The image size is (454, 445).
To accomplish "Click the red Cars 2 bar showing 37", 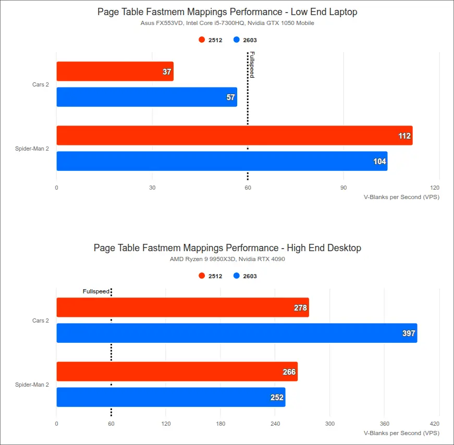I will tap(115, 71).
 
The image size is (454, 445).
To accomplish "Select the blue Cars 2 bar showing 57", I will tap(146, 97).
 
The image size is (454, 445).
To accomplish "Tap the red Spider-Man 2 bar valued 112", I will tap(234, 135).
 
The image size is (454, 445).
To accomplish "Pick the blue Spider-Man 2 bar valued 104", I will tap(222, 161).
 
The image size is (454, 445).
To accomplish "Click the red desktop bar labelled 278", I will tap(182, 307).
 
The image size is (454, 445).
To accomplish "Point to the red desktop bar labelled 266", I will tap(177, 372).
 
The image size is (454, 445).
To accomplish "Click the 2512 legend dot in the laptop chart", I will tap(202, 40).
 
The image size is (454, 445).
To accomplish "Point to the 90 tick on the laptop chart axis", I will tap(343, 188).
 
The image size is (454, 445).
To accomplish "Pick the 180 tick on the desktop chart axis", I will tap(220, 424).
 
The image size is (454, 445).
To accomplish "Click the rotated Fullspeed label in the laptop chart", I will tap(252, 65).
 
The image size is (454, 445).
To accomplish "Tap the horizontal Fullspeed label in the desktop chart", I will tap(96, 291).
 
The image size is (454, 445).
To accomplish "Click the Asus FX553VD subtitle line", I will tap(227, 23).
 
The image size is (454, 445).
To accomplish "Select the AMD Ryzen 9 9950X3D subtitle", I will tap(227, 259).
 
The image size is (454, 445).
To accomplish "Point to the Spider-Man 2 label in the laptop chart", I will tap(32, 149).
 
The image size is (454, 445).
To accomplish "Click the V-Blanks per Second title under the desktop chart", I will tap(401, 433).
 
